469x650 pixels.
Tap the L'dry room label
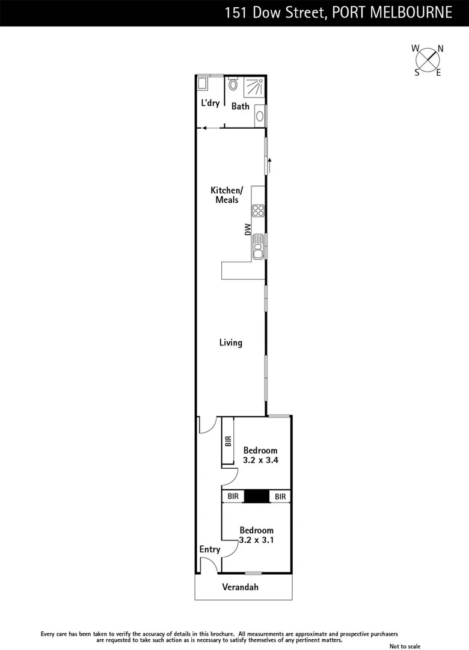(x=210, y=103)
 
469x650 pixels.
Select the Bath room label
(x=241, y=107)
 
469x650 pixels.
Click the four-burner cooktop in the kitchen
(x=259, y=211)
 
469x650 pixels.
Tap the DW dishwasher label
(x=247, y=229)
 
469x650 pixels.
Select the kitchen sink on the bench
(x=259, y=247)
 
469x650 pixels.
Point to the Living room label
(x=230, y=342)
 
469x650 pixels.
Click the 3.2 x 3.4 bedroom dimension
(x=260, y=460)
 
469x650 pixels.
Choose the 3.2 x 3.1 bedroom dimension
(x=256, y=540)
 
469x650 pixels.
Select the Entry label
(x=210, y=549)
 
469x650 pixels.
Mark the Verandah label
(x=241, y=587)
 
